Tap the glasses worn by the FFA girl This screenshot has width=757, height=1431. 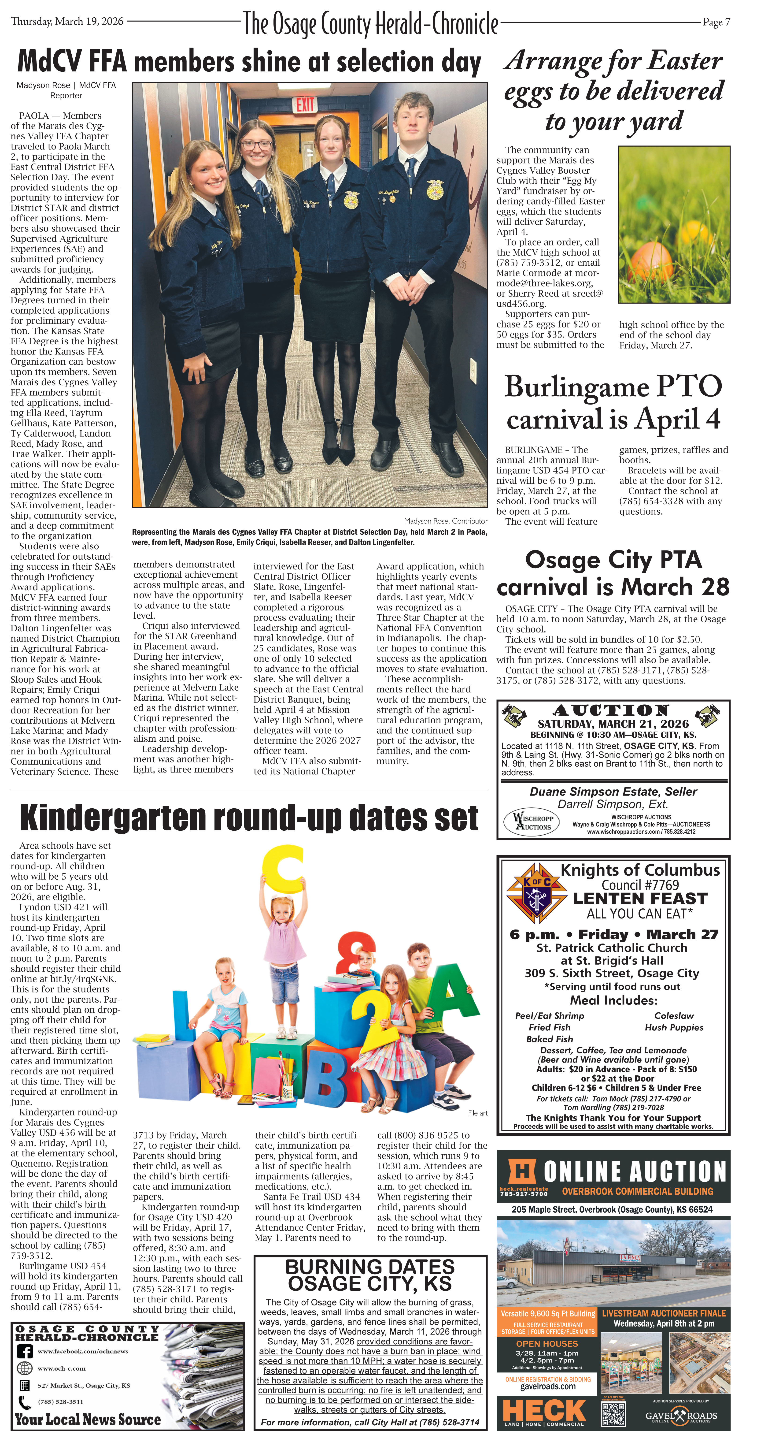[x=257, y=145]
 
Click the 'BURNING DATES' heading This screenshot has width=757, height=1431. [x=370, y=1268]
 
